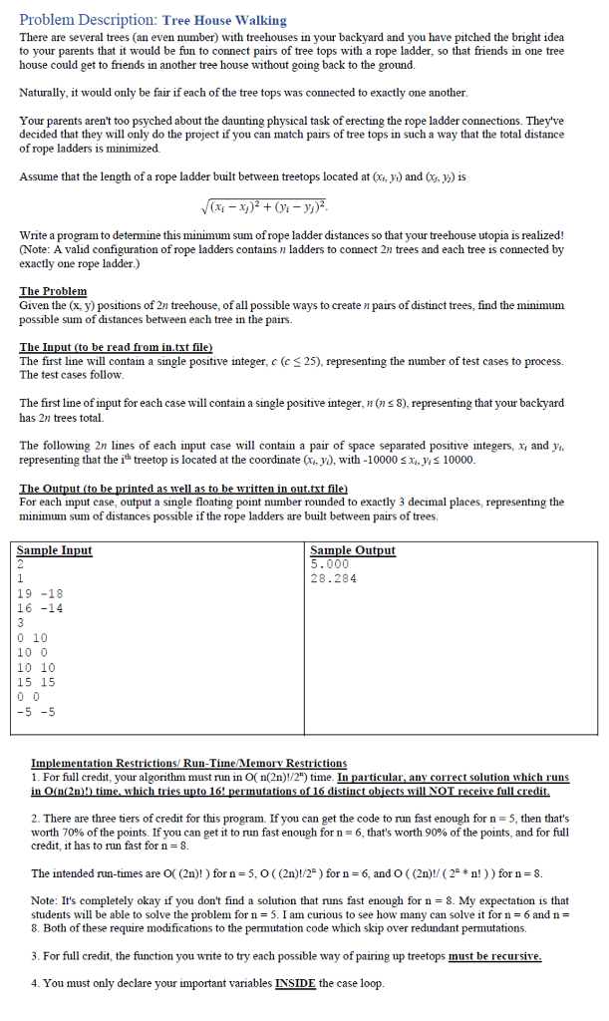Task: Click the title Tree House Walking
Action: (224, 20)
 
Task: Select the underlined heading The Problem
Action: (54, 291)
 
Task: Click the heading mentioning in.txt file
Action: (117, 347)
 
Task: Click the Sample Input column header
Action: (55, 550)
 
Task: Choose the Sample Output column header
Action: (353, 550)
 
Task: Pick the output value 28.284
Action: (334, 577)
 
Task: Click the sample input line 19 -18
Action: (40, 593)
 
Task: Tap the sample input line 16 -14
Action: (40, 607)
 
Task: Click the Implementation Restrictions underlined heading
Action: (189, 763)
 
